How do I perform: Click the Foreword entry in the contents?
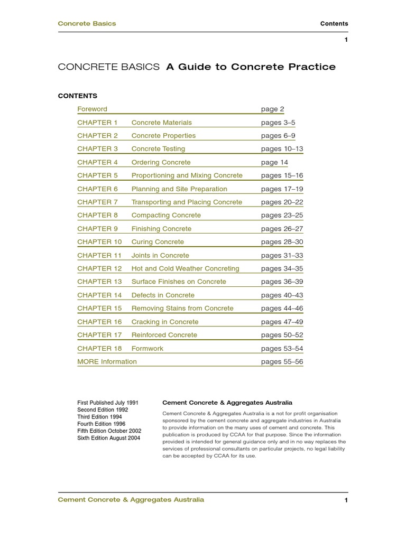92,109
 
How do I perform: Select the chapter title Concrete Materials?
161,123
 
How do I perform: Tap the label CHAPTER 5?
97,175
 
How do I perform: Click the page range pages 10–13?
282,149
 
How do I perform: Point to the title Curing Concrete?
158,242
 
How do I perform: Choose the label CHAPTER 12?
99,268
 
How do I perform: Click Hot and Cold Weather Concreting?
185,268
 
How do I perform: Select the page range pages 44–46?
282,309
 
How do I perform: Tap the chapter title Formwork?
147,349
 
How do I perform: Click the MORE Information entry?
107,362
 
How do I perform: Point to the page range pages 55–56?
282,362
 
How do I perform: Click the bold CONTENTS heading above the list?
77,96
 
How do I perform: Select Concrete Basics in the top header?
87,24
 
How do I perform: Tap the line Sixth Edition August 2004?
109,438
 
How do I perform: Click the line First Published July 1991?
108,403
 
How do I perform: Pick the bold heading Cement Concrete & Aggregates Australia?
227,403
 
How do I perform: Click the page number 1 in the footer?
346,500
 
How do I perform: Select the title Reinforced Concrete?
164,335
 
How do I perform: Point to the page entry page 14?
274,162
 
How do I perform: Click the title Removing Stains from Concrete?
182,309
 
